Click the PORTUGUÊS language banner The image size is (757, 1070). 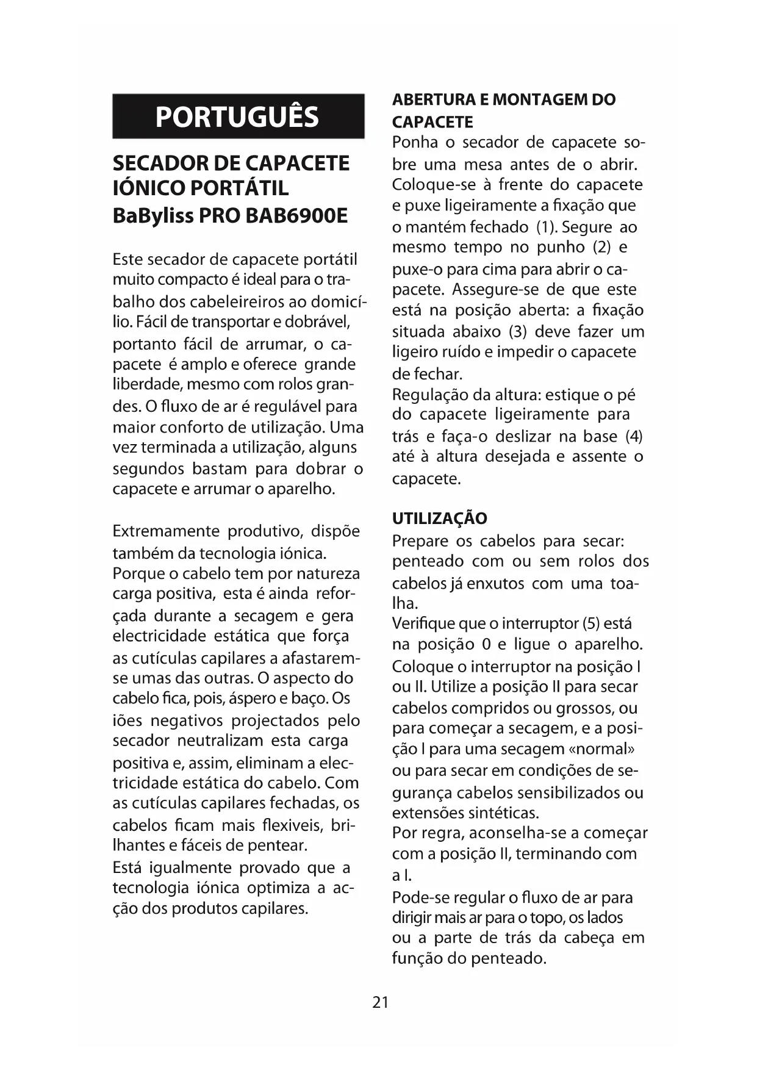[238, 117]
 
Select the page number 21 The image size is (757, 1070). [380, 1002]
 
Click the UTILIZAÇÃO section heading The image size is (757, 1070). [439, 519]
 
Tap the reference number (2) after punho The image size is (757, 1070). [598, 248]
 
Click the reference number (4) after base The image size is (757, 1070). [634, 437]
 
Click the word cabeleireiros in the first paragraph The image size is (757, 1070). [243, 302]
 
